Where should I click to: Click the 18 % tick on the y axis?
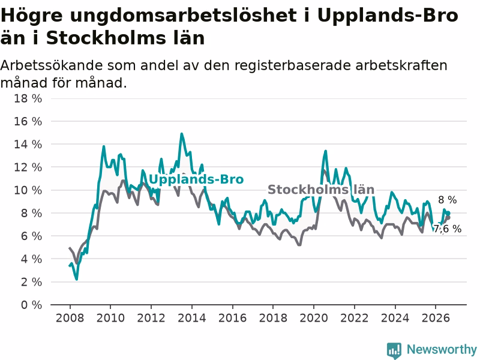[x=28, y=98]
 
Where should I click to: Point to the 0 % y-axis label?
[x=31, y=305]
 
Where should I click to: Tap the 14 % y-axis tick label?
[x=28, y=144]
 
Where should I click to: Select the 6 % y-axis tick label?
[x=31, y=236]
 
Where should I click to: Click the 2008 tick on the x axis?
[x=70, y=318]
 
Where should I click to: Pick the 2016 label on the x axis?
[x=232, y=318]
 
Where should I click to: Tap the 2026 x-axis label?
[x=436, y=318]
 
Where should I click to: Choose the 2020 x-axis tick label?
[x=314, y=318]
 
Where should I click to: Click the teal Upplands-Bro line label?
[x=196, y=179]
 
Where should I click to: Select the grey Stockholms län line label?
[x=321, y=190]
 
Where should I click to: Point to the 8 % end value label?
[x=447, y=200]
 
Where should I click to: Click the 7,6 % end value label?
[x=448, y=229]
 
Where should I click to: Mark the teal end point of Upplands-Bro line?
[x=448, y=213]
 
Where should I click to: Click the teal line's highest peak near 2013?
[x=182, y=134]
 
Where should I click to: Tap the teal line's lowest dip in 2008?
[x=77, y=279]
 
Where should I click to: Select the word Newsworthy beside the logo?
[x=442, y=349]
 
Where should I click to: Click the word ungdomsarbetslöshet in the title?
[x=184, y=16]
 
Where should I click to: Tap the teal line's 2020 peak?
[x=325, y=151]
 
